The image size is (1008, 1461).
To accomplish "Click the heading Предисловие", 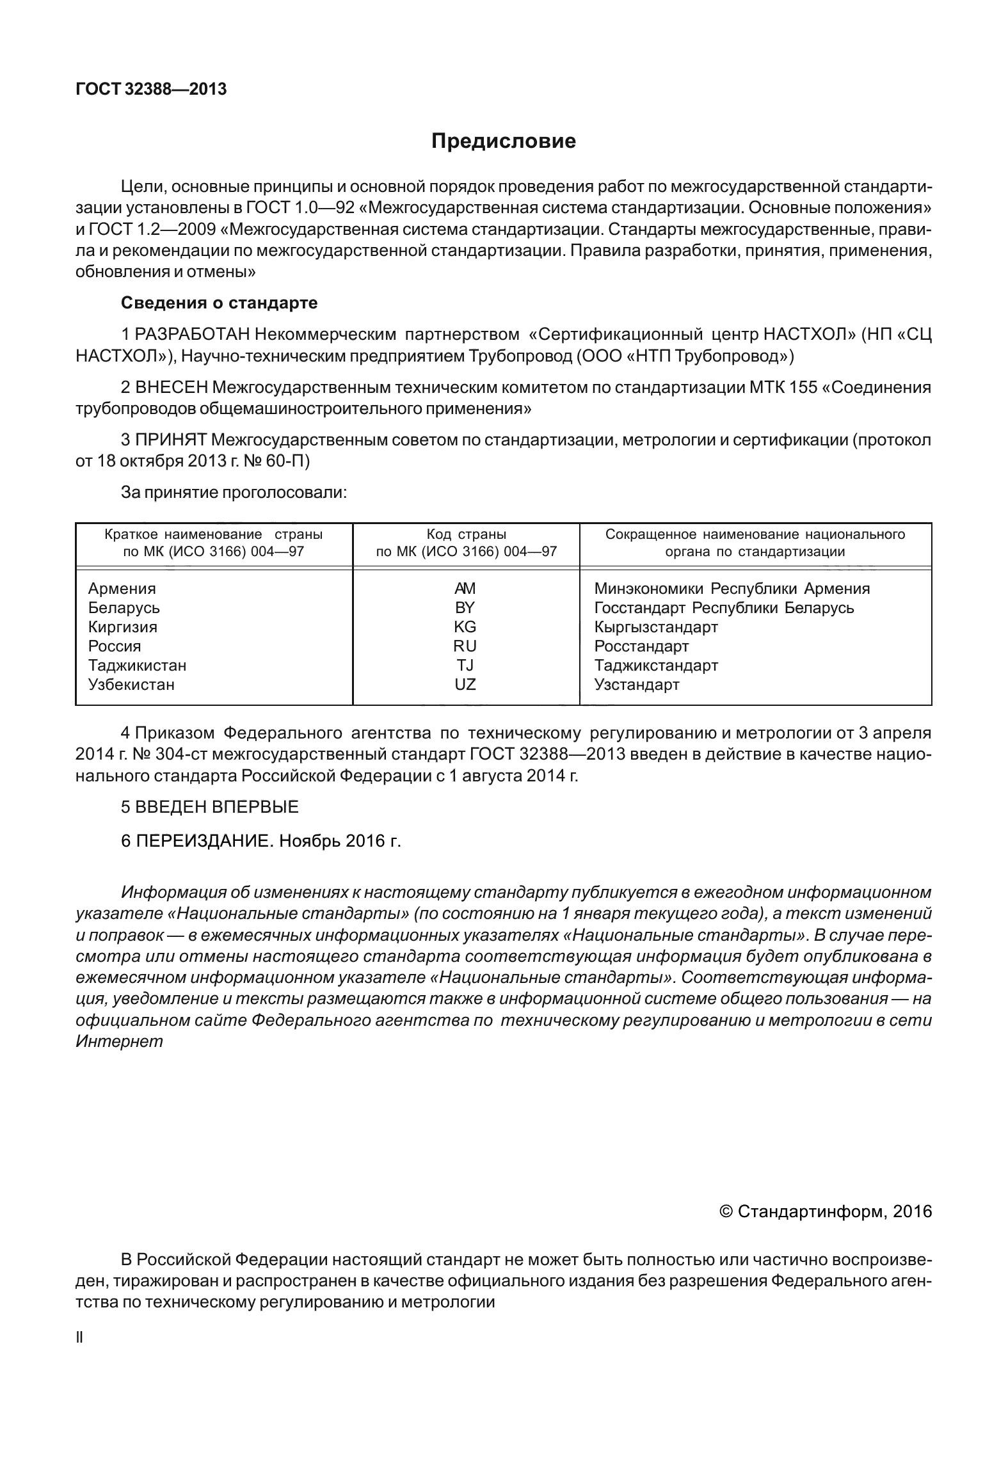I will coord(503,141).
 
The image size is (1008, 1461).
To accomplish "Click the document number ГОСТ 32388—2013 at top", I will coord(151,89).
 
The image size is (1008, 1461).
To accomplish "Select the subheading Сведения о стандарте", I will coord(219,303).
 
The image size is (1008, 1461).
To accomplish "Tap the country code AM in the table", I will coord(465,589).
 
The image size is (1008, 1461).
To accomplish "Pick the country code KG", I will coord(465,627).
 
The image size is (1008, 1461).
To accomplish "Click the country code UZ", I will coord(465,685).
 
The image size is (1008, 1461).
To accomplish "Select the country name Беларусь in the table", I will coord(124,608).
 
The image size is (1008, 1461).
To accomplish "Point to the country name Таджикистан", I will coord(137,666).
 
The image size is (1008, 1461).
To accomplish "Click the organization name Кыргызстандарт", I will coord(656,627).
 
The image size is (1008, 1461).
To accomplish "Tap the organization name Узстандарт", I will coord(637,685).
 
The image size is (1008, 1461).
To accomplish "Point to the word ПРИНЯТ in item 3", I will coord(171,440).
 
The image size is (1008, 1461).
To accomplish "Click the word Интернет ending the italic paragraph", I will coord(119,1041).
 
